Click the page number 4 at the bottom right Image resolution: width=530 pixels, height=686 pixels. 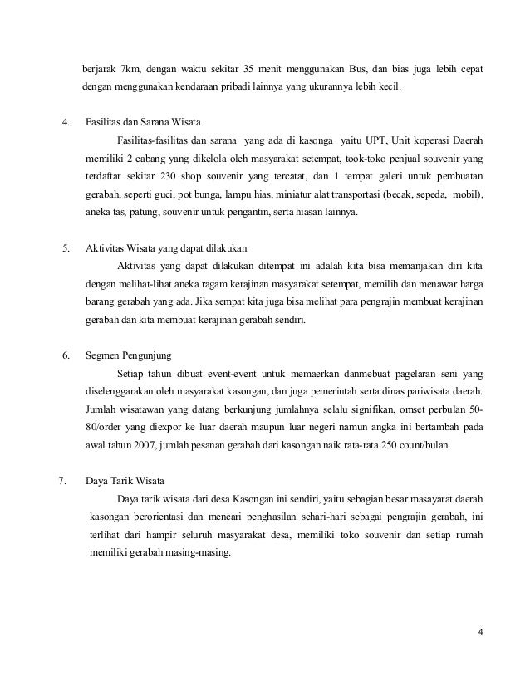pos(479,639)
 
